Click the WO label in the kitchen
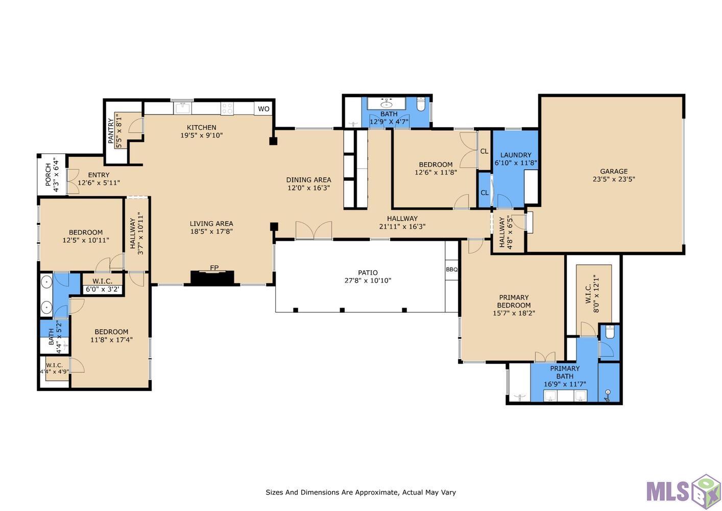(263, 109)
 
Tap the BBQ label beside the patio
(451, 269)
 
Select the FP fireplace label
(214, 267)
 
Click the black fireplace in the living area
(212, 278)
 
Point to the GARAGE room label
(614, 171)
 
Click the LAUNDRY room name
(516, 155)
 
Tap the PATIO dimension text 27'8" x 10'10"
(368, 281)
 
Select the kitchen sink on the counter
(183, 108)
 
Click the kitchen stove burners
(227, 108)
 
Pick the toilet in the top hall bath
(421, 104)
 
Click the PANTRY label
(111, 131)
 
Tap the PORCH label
(48, 175)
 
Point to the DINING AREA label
(308, 180)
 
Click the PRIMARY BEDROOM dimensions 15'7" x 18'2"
(514, 313)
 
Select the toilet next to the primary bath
(610, 332)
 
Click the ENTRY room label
(99, 175)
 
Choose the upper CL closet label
(484, 151)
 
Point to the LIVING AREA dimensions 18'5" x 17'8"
(211, 231)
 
